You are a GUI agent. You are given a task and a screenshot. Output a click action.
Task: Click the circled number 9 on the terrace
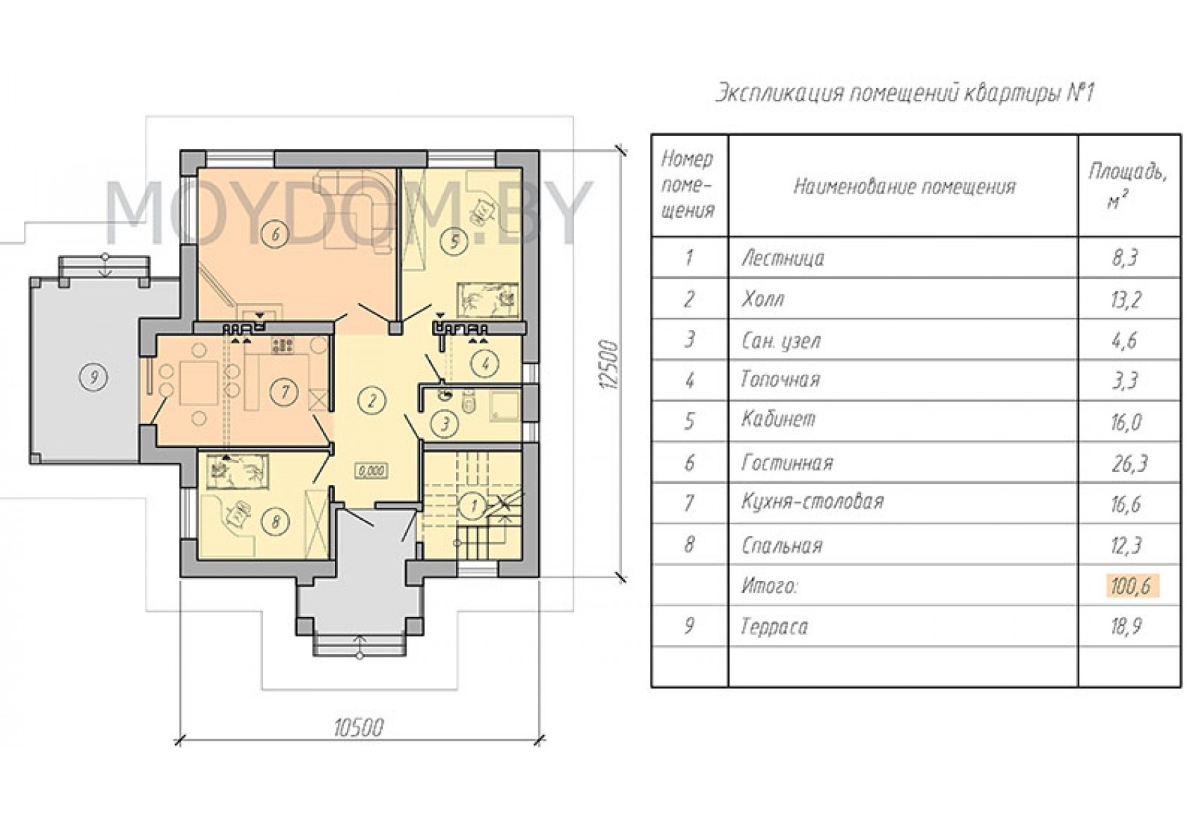pyautogui.click(x=94, y=378)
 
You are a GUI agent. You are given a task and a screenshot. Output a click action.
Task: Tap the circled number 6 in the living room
pyautogui.click(x=276, y=235)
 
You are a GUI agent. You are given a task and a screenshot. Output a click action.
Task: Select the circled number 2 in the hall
pyautogui.click(x=372, y=401)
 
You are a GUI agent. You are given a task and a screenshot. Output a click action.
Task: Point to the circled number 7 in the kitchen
pyautogui.click(x=284, y=392)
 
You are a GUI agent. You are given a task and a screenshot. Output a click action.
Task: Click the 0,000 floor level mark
pyautogui.click(x=371, y=471)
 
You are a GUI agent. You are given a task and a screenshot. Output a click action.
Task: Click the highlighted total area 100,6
pyautogui.click(x=1130, y=586)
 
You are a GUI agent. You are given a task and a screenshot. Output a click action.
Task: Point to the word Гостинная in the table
pyautogui.click(x=787, y=462)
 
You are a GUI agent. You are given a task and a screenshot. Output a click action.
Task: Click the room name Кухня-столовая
pyautogui.click(x=812, y=501)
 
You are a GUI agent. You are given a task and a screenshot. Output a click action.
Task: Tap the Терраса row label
pyautogui.click(x=774, y=627)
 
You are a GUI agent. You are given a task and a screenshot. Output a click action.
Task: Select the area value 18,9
pyautogui.click(x=1126, y=626)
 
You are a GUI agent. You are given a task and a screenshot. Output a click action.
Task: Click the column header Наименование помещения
pyautogui.click(x=905, y=187)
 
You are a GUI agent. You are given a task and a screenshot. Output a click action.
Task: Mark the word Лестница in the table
pyautogui.click(x=783, y=258)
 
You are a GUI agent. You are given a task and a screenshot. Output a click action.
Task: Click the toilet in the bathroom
pyautogui.click(x=469, y=402)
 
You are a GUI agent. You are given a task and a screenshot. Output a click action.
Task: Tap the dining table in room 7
pyautogui.click(x=198, y=383)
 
